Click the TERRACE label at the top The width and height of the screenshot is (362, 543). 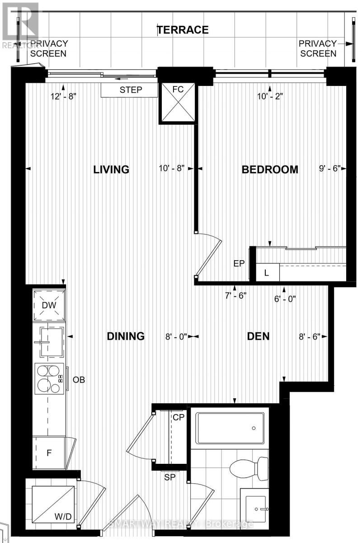183,30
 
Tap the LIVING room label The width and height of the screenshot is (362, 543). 111,169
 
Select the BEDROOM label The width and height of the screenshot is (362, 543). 270,169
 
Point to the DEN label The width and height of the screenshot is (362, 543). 258,336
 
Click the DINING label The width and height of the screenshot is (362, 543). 126,336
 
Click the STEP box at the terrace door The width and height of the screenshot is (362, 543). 130,90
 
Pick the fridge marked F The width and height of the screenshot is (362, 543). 49,452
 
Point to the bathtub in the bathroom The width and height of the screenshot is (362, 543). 230,428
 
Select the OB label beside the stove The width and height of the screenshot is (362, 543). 79,380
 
